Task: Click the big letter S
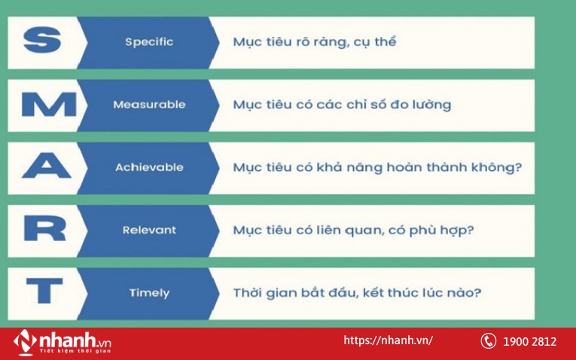point(41,42)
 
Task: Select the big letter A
point(44,167)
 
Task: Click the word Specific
point(149,42)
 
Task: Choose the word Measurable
point(149,105)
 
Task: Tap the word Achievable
point(149,167)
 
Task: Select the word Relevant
point(149,230)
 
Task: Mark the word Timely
point(149,292)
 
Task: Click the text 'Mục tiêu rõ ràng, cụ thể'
point(314,42)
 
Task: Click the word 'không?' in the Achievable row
point(497,167)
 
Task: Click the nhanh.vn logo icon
point(25,341)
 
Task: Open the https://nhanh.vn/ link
point(388,340)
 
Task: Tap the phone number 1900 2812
point(530,342)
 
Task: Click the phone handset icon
point(488,341)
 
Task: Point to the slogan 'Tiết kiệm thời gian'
point(74,350)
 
